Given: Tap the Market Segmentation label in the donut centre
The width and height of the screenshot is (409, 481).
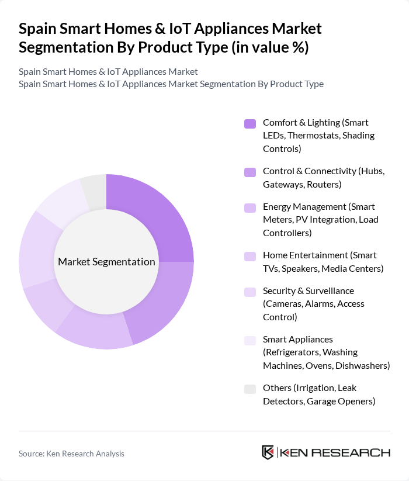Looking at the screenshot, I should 106,262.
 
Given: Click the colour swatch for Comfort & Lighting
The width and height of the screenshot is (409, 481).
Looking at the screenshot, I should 250,123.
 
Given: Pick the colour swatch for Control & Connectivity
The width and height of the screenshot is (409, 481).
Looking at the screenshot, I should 250,172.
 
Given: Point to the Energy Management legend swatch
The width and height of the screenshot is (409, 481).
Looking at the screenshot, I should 250,207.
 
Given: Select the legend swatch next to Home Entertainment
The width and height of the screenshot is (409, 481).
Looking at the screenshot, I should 250,256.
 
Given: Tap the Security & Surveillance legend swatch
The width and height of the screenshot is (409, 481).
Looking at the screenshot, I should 250,292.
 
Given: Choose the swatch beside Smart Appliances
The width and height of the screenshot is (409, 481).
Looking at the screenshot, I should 250,340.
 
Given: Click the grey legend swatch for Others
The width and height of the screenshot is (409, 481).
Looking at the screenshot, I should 250,389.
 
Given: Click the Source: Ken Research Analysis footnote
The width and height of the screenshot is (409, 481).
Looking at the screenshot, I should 71,454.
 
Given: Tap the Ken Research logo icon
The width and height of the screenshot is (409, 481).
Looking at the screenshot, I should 268,453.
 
